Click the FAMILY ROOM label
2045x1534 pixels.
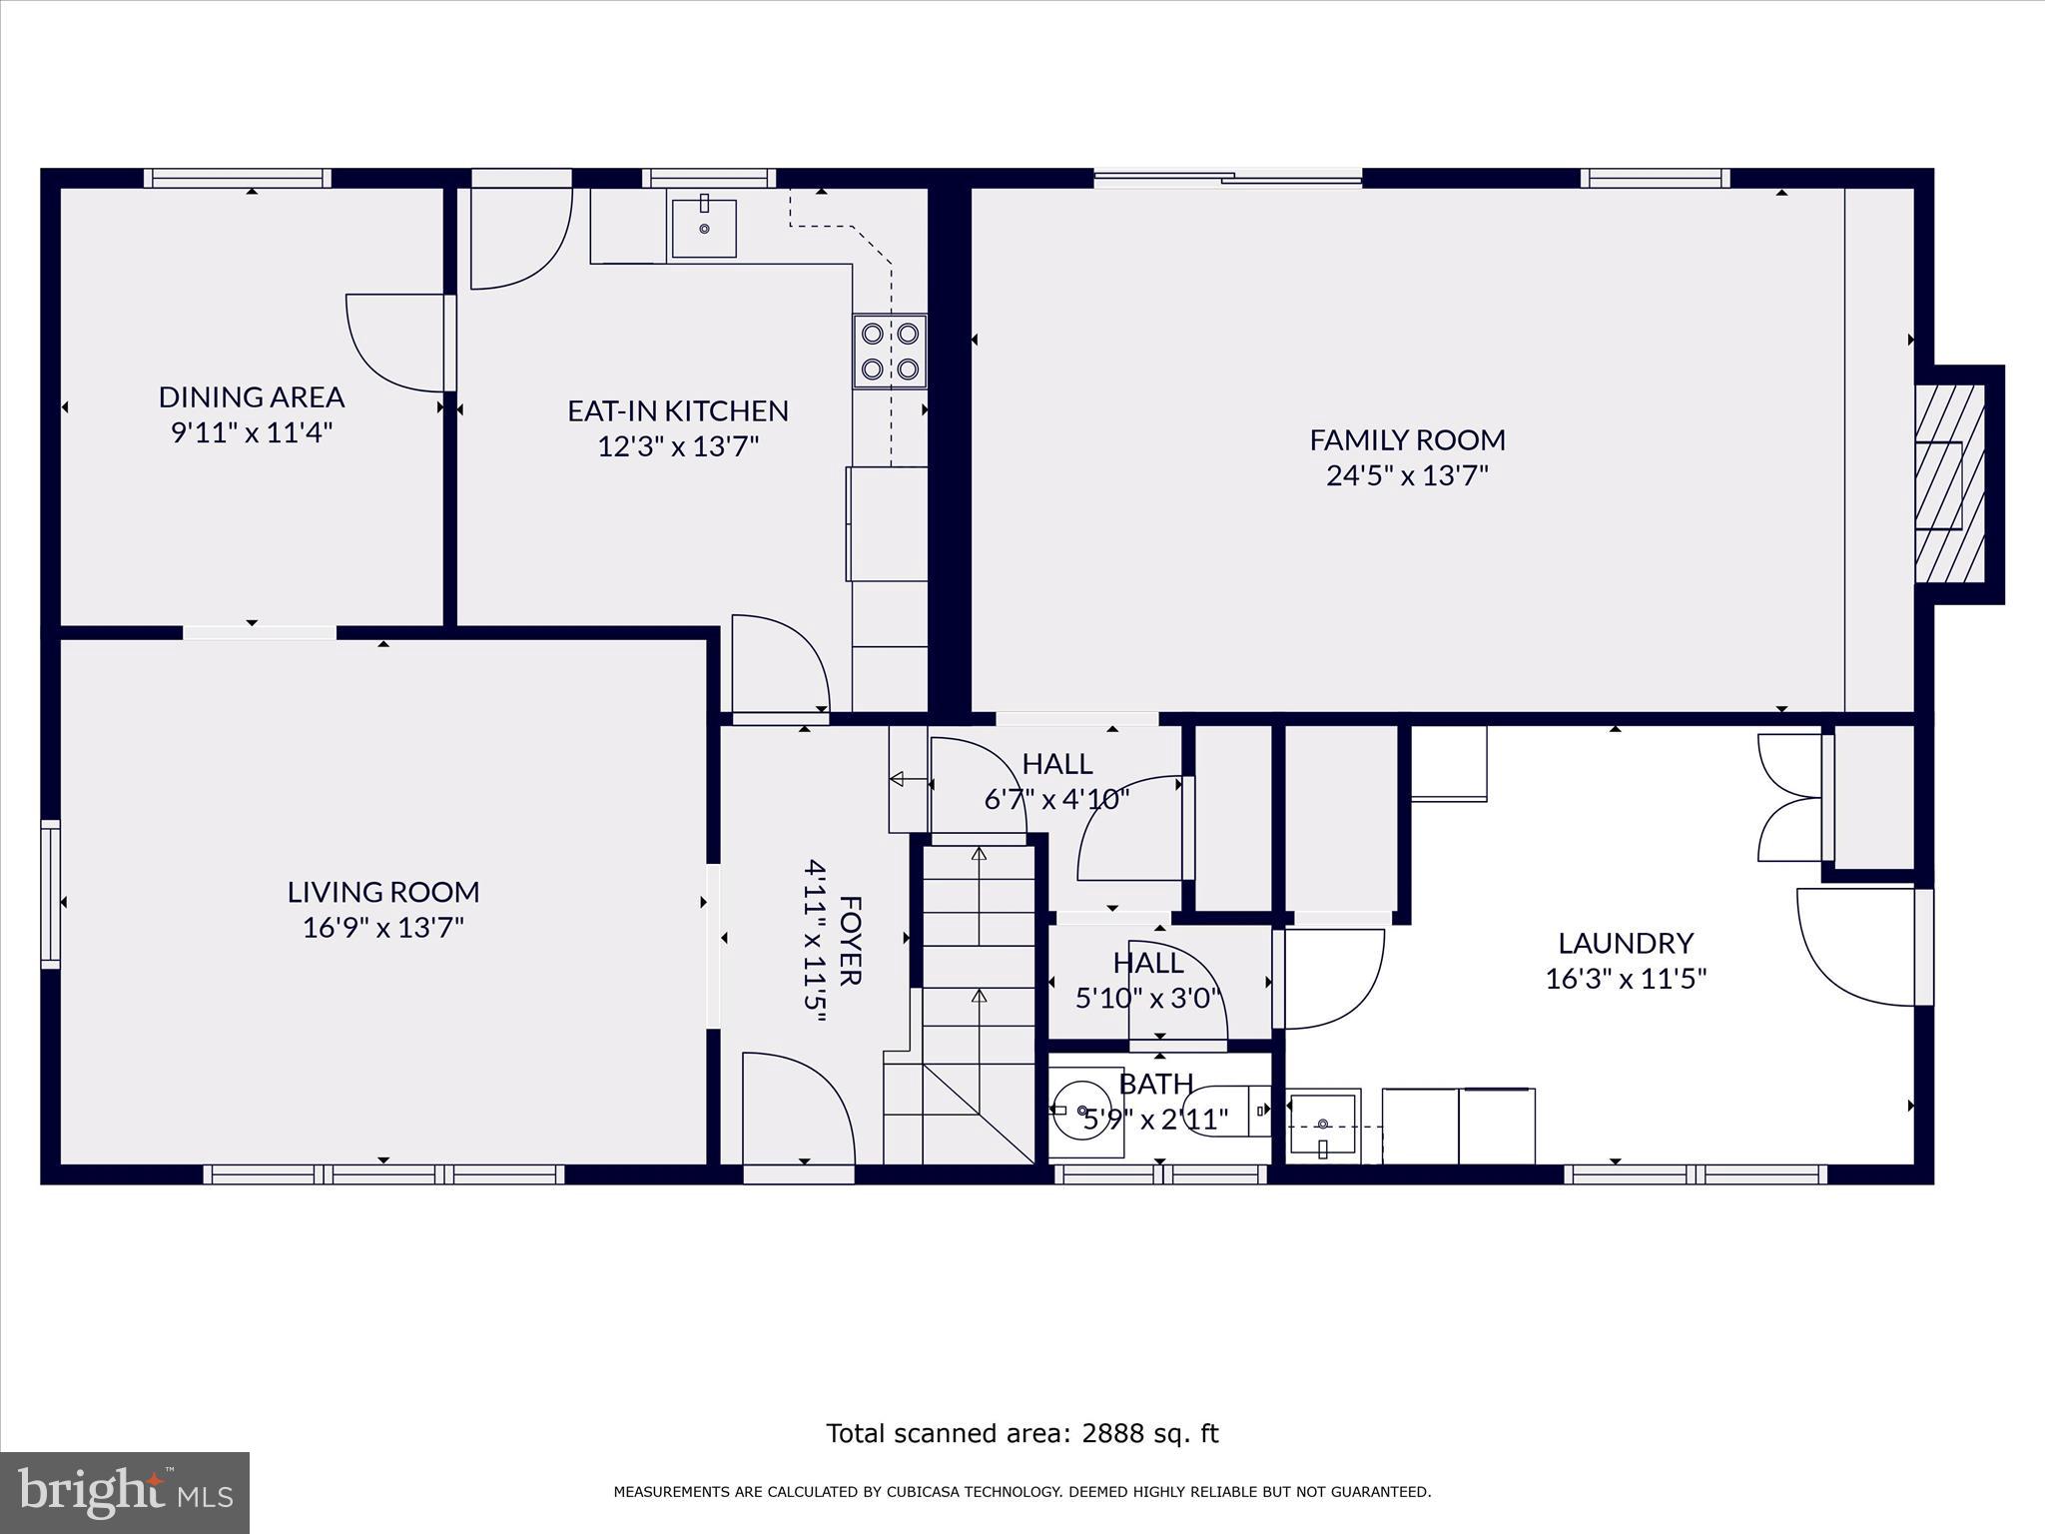(1407, 439)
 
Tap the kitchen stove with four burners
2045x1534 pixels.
(890, 352)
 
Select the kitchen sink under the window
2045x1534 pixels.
(704, 228)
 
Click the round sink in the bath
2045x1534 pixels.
(1082, 1110)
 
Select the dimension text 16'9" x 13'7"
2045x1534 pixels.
(383, 928)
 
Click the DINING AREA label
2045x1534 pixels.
(252, 397)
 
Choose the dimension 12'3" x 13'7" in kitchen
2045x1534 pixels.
(678, 445)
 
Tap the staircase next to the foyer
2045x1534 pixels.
(978, 999)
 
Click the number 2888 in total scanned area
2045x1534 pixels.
(1111, 1433)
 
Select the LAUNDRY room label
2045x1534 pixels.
(1626, 943)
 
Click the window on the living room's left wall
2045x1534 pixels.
(50, 894)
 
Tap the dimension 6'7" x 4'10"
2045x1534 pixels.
(1056, 799)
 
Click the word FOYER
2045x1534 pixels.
(849, 940)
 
